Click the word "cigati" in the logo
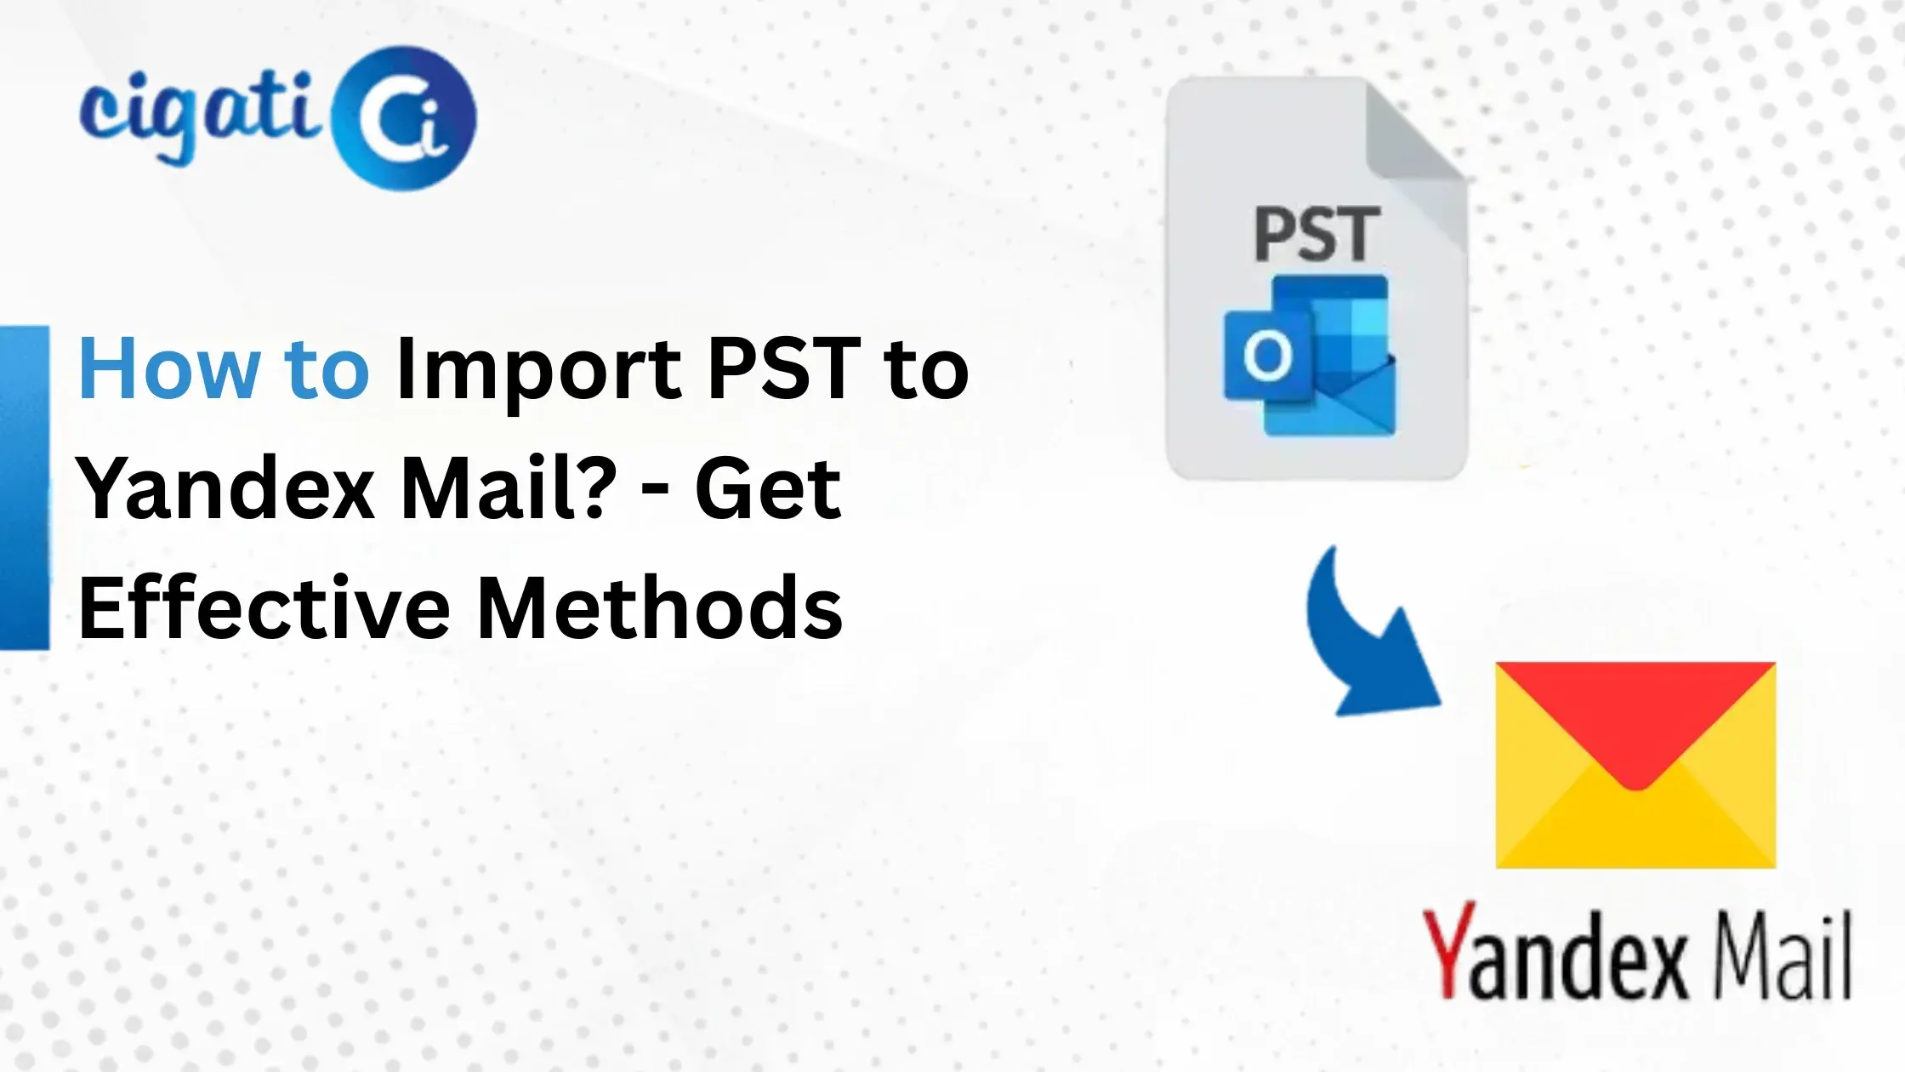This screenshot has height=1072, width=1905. (x=200, y=115)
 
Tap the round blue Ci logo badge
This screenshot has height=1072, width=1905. (x=405, y=118)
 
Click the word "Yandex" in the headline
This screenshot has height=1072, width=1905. (x=226, y=489)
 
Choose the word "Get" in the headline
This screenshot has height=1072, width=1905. (x=768, y=489)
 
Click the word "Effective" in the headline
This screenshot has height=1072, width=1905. (x=264, y=607)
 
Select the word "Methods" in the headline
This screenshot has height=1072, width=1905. (x=660, y=607)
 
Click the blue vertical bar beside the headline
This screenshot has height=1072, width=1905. (x=24, y=488)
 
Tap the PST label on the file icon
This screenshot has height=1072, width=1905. (x=1316, y=235)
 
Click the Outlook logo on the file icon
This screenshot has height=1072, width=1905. (x=1310, y=356)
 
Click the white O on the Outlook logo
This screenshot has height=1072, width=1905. (x=1267, y=356)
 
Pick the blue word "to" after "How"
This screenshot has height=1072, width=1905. (x=327, y=369)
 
